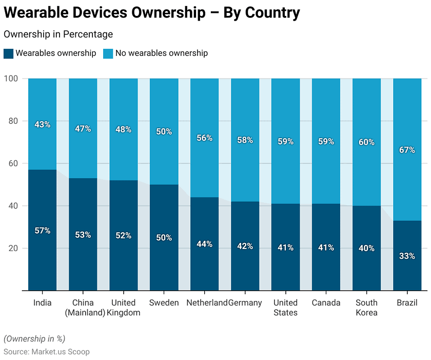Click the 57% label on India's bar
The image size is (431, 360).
42,231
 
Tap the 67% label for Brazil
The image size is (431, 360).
407,150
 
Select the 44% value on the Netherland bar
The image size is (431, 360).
204,244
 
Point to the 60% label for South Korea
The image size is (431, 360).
366,142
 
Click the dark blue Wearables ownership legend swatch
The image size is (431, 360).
8,53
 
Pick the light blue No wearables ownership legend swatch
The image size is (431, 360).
108,53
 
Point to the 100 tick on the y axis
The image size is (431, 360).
11,79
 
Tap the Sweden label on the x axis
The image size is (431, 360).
164,302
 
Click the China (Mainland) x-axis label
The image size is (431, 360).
83,308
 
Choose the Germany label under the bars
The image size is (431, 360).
245,302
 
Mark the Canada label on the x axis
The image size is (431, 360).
326,302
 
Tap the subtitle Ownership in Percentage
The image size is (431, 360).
58,34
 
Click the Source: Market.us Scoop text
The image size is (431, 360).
47,352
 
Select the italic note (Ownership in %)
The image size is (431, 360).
34,338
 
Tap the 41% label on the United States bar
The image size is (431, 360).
285,248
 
